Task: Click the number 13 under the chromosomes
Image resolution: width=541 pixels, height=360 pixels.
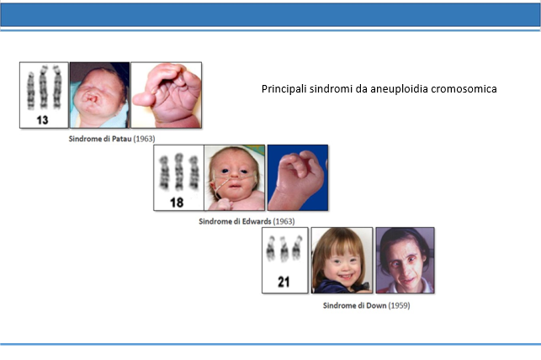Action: (42, 120)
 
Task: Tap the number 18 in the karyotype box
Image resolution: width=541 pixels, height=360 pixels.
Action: (177, 203)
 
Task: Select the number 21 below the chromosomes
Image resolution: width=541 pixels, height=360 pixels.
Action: (284, 282)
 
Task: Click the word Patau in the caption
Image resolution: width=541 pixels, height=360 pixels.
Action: (122, 139)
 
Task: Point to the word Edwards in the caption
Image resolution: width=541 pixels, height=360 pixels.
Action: (257, 221)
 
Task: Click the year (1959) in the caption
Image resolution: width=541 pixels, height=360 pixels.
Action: (399, 305)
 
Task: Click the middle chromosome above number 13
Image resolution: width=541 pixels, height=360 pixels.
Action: (43, 87)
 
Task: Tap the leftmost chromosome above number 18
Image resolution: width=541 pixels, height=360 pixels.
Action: (164, 172)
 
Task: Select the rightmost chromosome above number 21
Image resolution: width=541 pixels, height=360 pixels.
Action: (297, 247)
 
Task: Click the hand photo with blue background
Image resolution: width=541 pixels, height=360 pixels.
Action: (298, 177)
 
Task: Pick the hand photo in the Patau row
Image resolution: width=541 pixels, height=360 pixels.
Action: (167, 95)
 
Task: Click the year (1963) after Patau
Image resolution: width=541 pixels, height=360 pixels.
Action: (144, 139)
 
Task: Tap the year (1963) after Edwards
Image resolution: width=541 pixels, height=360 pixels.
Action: (284, 221)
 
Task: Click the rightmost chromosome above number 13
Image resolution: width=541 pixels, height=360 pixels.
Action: (57, 87)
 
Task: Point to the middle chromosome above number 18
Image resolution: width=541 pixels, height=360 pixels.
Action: (178, 172)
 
